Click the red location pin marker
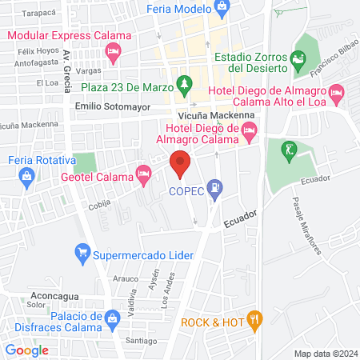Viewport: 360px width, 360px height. click(x=181, y=163)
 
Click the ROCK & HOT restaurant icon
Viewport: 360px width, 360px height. click(x=254, y=322)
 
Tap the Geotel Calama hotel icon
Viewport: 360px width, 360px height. click(x=144, y=172)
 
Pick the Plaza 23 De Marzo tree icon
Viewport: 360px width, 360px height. click(x=185, y=82)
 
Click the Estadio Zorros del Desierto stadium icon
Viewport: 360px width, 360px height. click(x=298, y=58)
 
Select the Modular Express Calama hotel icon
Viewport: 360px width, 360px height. click(x=114, y=54)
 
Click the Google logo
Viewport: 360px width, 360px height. click(x=27, y=350)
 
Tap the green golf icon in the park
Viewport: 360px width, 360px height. click(x=286, y=149)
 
